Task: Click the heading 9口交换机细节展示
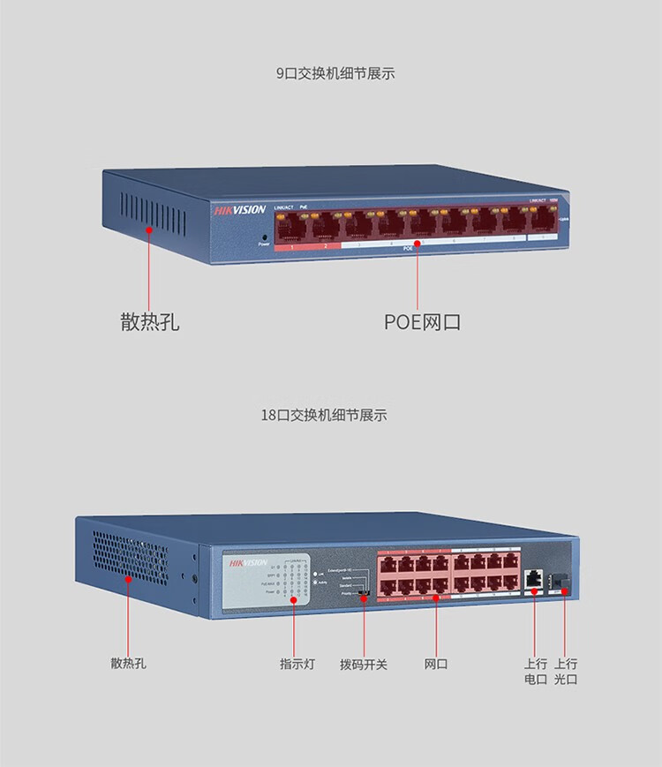pyautogui.click(x=335, y=73)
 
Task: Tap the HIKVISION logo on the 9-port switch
pyautogui.click(x=239, y=210)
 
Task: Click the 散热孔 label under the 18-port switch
pyautogui.click(x=128, y=663)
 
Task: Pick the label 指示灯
pyautogui.click(x=297, y=663)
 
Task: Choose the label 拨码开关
pyautogui.click(x=364, y=663)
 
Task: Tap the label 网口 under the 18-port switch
pyautogui.click(x=436, y=663)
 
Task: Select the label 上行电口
pyautogui.click(x=536, y=671)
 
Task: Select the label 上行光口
pyautogui.click(x=566, y=671)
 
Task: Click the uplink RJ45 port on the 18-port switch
pyautogui.click(x=534, y=579)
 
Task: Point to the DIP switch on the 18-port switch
pyautogui.click(x=364, y=593)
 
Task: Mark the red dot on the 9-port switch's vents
pyautogui.click(x=150, y=230)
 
